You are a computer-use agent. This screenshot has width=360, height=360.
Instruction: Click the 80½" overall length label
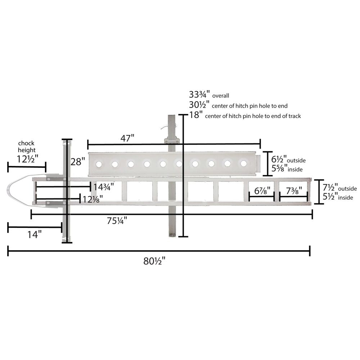(x=154, y=261)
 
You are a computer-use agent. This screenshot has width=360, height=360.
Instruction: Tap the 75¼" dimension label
(x=117, y=221)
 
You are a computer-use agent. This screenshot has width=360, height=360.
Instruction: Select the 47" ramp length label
(x=127, y=138)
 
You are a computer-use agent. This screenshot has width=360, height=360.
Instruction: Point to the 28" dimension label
(x=78, y=162)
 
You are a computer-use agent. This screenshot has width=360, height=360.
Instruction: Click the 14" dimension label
(x=35, y=234)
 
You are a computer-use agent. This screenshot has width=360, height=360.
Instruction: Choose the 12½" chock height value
(x=28, y=159)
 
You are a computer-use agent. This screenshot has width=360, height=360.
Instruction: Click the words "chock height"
(x=27, y=147)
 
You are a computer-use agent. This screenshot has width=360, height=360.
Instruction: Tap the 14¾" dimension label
(x=104, y=187)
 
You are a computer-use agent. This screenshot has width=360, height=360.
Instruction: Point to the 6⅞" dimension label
(x=262, y=191)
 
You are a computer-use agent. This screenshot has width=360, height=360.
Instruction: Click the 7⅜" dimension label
(x=294, y=191)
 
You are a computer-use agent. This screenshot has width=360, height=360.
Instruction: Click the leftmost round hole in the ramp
(x=99, y=165)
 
